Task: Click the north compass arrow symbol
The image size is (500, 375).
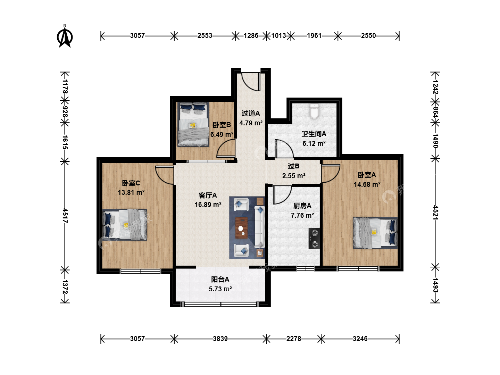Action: point(65,36)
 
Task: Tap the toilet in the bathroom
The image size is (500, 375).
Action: point(314,111)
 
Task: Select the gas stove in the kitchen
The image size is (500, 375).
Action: point(314,239)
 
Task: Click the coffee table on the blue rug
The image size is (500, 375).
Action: point(241,228)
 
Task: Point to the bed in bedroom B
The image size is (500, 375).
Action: point(193,124)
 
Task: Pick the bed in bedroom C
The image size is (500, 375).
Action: point(125,225)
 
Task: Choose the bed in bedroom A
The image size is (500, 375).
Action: point(375,233)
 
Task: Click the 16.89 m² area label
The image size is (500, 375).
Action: point(208,205)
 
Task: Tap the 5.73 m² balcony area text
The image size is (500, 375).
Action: point(220,289)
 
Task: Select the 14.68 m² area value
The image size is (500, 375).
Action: point(367,184)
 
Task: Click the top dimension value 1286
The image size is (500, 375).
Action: point(251,36)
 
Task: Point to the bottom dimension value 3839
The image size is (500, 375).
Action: point(220,339)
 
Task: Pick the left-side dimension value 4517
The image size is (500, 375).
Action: point(65,215)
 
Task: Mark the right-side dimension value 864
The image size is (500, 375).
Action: point(435,112)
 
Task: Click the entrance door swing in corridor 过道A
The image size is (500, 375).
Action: point(251,82)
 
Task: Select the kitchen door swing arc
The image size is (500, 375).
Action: point(282,195)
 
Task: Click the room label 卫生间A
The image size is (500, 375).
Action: point(314,134)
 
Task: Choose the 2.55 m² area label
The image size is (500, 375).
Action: point(294,176)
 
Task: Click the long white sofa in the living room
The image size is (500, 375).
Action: point(260,227)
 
